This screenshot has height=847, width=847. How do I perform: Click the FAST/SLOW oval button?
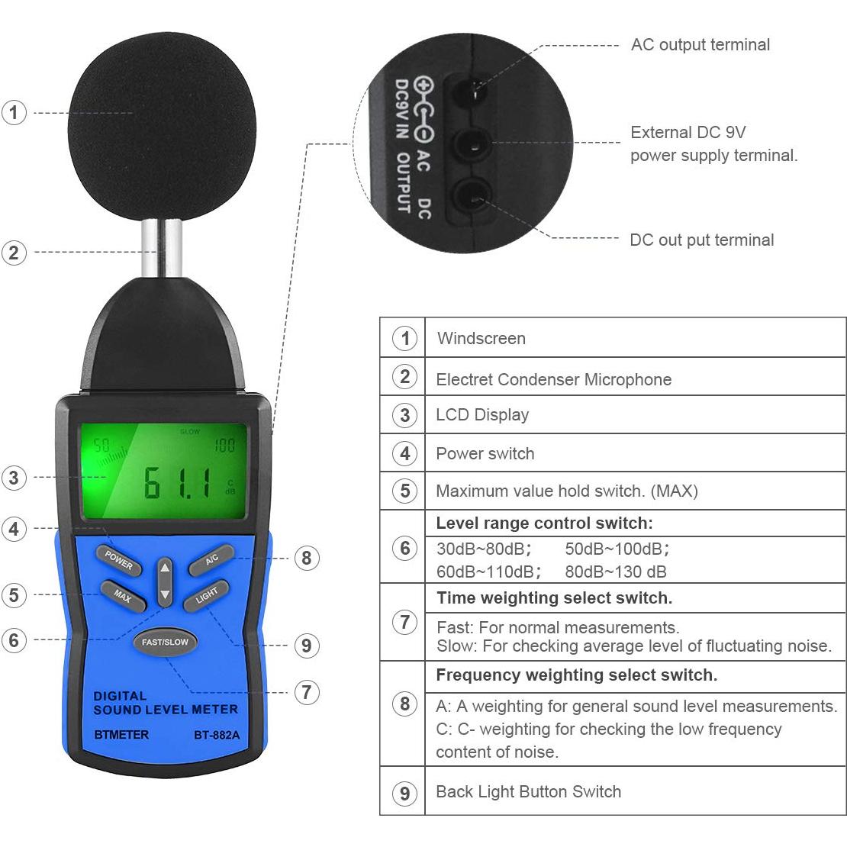coord(165,642)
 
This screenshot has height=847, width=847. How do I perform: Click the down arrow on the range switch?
coord(165,594)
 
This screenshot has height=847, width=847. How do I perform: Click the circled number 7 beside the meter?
coord(306,692)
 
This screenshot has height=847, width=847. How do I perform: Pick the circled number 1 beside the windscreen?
coord(14,113)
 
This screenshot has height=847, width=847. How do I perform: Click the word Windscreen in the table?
coord(481,338)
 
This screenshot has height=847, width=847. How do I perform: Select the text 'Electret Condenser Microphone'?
coord(553,379)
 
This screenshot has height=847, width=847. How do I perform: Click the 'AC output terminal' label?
coord(700,45)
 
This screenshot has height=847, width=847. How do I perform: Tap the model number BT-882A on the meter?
coord(216,736)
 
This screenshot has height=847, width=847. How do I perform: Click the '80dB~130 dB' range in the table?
coord(615,572)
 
